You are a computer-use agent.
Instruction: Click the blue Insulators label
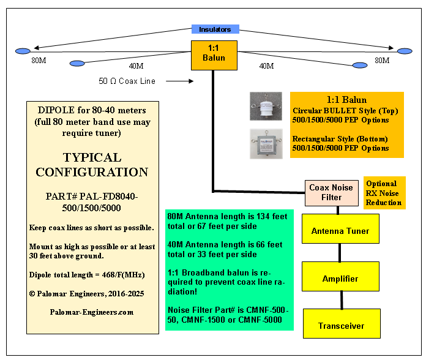coord(215,29)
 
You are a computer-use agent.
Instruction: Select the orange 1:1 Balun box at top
coord(214,53)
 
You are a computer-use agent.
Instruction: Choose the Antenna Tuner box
coord(340,231)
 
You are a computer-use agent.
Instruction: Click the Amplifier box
coord(340,279)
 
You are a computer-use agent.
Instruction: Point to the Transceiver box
coord(340,326)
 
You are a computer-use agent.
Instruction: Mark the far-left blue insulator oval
coord(23,51)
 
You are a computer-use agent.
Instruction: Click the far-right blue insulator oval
coord(405,51)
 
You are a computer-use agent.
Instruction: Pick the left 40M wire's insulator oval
coord(77,63)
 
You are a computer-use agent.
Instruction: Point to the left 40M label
coord(136,66)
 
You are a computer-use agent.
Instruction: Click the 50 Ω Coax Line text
coord(127,81)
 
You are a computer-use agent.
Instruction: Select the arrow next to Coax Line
coord(180,80)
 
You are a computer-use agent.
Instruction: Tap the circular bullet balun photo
coord(266,106)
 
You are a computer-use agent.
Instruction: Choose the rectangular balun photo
coord(266,144)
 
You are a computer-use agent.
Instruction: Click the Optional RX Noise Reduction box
coord(384,193)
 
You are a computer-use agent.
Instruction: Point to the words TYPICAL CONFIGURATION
coord(92,165)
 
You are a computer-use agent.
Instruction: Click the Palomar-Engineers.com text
coord(92,312)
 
